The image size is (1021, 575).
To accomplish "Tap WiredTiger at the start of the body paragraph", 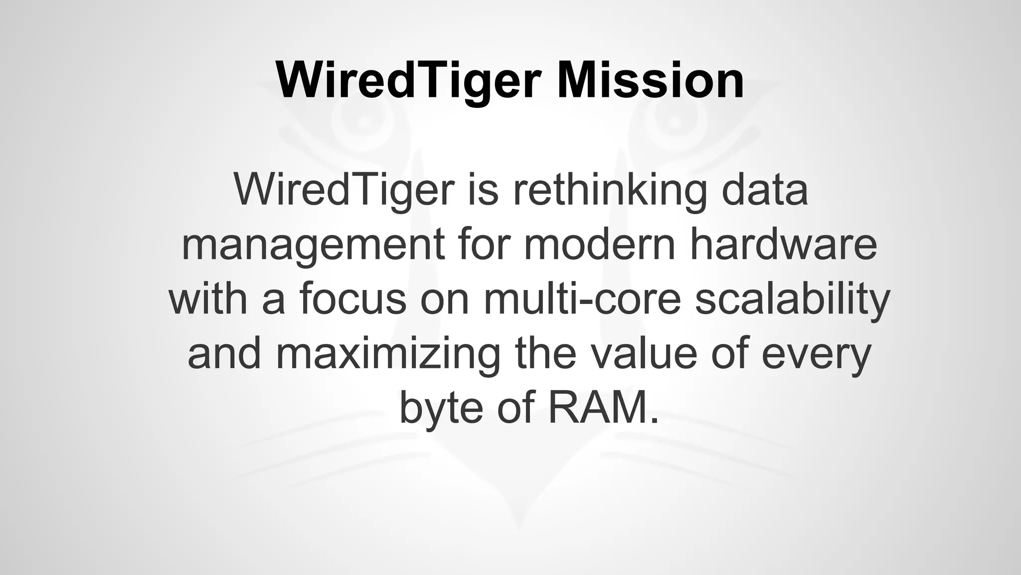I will point(344,190).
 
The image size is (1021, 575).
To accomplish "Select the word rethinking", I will point(609,190).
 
